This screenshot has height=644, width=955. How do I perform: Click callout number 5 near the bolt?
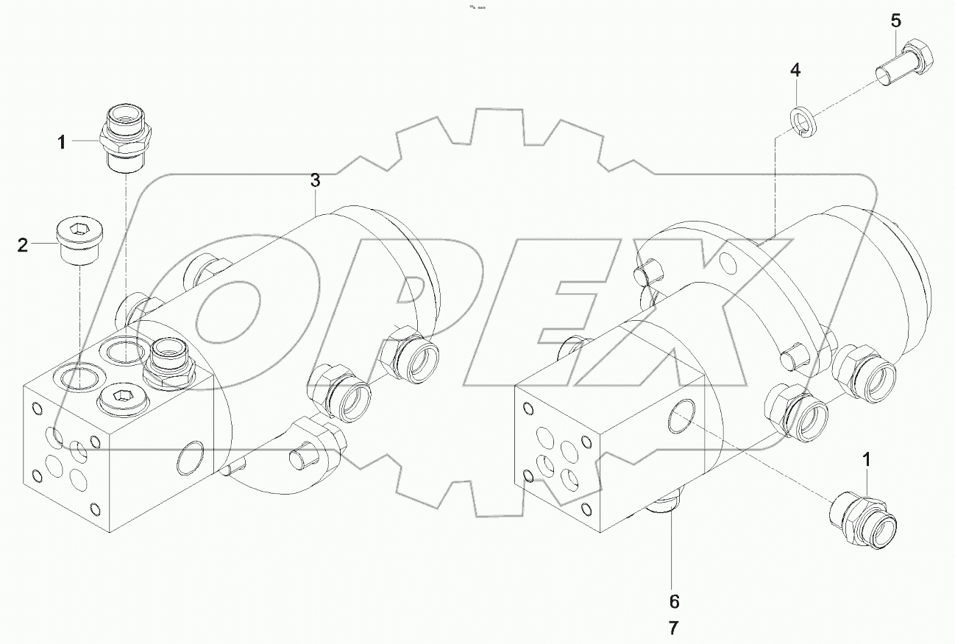(895, 21)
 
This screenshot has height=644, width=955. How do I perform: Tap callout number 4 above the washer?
(795, 71)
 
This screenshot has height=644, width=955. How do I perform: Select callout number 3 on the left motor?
(315, 180)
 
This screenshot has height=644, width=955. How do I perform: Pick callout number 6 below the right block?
(674, 601)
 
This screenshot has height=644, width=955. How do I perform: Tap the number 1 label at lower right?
(867, 460)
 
